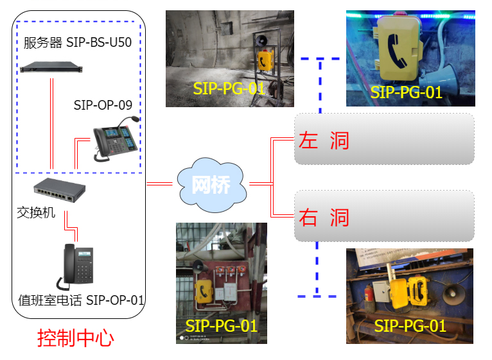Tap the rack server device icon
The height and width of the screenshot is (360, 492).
[47, 66]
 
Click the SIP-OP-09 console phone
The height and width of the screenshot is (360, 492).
[116, 139]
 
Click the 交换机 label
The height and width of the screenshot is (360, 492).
[36, 212]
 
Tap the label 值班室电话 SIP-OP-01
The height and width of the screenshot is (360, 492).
[80, 300]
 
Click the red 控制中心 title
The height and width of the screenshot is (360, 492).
[75, 337]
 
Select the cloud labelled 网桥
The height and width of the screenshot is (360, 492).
[211, 184]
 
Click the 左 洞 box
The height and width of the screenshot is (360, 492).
[384, 139]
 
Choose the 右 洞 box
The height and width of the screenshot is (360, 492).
[384, 216]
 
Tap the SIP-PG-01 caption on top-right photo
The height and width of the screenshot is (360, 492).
[406, 92]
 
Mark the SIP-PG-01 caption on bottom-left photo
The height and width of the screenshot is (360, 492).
[221, 326]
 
